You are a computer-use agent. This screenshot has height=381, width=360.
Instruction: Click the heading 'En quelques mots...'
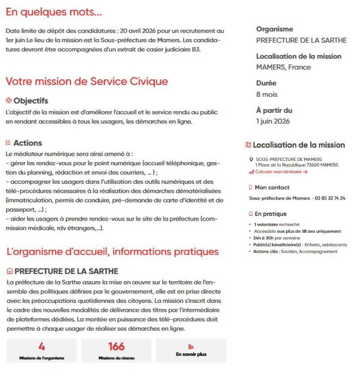click(x=53, y=12)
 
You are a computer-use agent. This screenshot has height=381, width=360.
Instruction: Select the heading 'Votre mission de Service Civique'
click(x=87, y=81)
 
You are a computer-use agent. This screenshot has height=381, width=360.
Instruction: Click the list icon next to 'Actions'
click(x=8, y=143)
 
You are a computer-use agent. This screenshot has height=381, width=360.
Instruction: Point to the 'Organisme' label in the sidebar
click(x=274, y=29)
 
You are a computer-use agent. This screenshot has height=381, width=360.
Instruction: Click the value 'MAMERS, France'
click(x=283, y=67)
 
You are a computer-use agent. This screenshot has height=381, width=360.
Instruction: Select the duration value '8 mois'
click(x=267, y=94)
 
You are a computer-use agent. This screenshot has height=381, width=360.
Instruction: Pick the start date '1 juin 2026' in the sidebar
click(x=273, y=121)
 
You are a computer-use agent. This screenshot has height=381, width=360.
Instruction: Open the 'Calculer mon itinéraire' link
click(x=281, y=172)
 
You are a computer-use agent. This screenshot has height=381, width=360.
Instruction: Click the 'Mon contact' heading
click(x=272, y=187)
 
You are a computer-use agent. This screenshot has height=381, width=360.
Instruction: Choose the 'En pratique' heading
click(x=270, y=214)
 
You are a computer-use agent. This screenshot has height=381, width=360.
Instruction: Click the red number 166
click(x=116, y=347)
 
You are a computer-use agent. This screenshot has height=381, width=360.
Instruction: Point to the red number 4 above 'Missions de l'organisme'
click(x=42, y=347)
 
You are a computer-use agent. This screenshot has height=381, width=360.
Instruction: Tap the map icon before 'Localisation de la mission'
click(x=248, y=145)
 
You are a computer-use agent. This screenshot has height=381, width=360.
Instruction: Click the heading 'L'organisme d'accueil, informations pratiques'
click(x=112, y=252)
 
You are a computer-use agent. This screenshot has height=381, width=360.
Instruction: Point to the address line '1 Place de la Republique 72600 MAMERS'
click(x=296, y=165)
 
